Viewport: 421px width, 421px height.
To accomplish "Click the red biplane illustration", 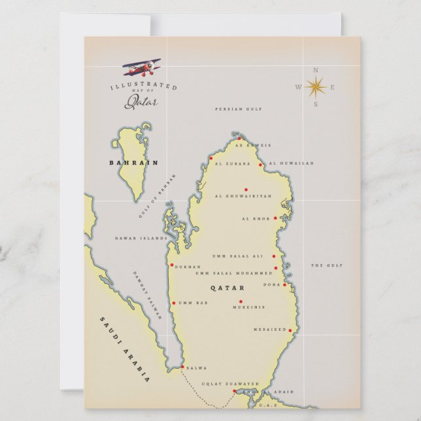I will tap(143, 67).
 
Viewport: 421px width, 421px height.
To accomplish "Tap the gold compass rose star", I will tap(315, 86).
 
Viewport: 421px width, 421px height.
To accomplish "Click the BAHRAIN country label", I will tap(126, 162).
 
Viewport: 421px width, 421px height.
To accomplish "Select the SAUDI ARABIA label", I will tap(125, 349).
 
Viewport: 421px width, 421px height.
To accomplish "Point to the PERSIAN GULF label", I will tap(239, 109).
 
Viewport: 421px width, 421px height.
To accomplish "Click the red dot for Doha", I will tap(285, 285).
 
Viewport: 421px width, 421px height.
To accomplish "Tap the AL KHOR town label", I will tap(255, 219).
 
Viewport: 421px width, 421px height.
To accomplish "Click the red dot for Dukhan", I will tap(172, 265).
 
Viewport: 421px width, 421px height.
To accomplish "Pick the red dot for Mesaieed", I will tap(290, 330).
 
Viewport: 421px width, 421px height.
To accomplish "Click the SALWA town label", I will tap(197, 368).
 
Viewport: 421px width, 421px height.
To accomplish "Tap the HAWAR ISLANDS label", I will tap(141, 239).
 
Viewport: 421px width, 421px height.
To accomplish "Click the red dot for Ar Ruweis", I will tap(239, 139).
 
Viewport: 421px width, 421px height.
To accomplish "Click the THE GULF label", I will tap(326, 265).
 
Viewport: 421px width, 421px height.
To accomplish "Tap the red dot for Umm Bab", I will tap(173, 303).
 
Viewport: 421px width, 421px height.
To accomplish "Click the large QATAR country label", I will tap(227, 288).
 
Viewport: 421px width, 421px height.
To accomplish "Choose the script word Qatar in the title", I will tap(141, 101).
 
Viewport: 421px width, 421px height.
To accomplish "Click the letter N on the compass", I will tap(316, 70).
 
